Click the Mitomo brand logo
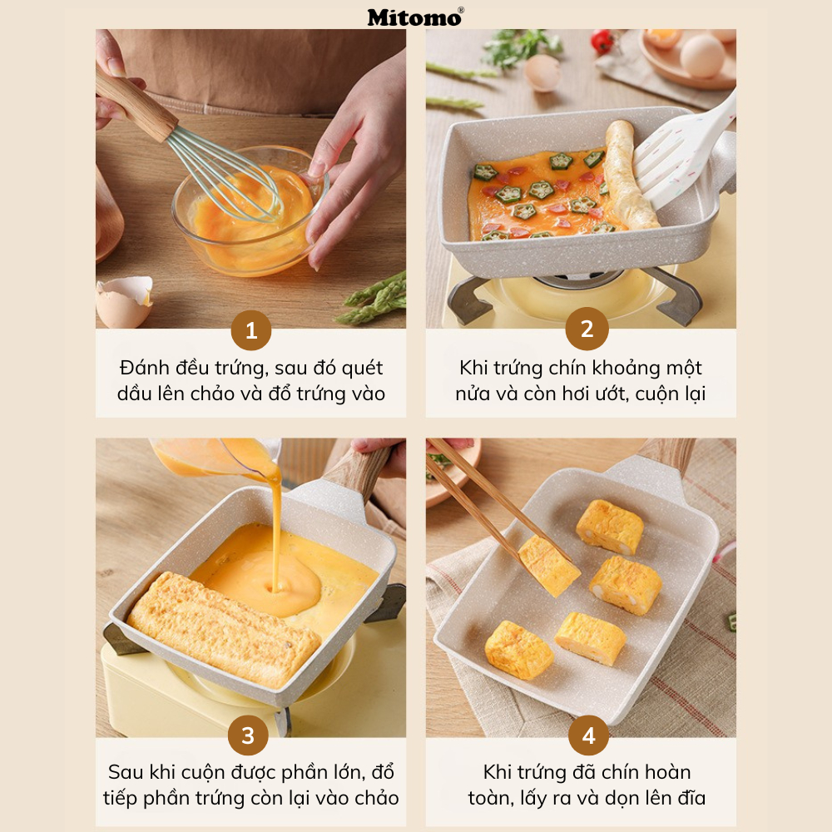point(415,17)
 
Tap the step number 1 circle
point(251,330)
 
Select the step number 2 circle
point(587,329)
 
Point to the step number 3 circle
point(248,735)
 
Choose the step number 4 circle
point(588,735)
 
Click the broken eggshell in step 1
point(124,301)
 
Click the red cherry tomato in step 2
point(602,42)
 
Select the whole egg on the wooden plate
point(702,56)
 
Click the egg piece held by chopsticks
point(548,566)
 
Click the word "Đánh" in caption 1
point(144,367)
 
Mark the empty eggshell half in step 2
point(542,72)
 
